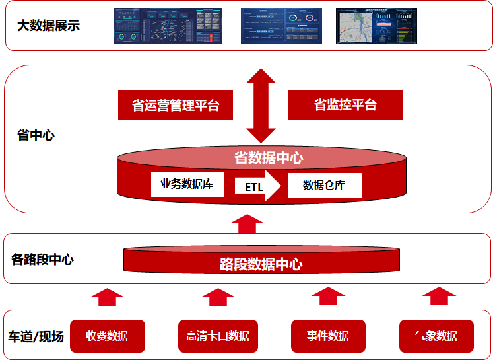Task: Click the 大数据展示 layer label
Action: click(48, 26)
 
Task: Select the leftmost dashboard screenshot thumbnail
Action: click(168, 26)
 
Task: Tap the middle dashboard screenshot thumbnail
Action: click(281, 26)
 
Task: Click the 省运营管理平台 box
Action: click(176, 106)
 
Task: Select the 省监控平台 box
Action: click(345, 105)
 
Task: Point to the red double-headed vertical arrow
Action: click(261, 106)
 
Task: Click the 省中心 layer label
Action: click(36, 136)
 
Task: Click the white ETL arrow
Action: click(258, 186)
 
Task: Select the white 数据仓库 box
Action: click(324, 186)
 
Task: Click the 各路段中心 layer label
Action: click(42, 259)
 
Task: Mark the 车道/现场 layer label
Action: click(36, 336)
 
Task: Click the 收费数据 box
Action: click(107, 336)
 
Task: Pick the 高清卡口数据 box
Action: click(218, 336)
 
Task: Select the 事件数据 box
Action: click(328, 336)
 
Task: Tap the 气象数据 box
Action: click(436, 336)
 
